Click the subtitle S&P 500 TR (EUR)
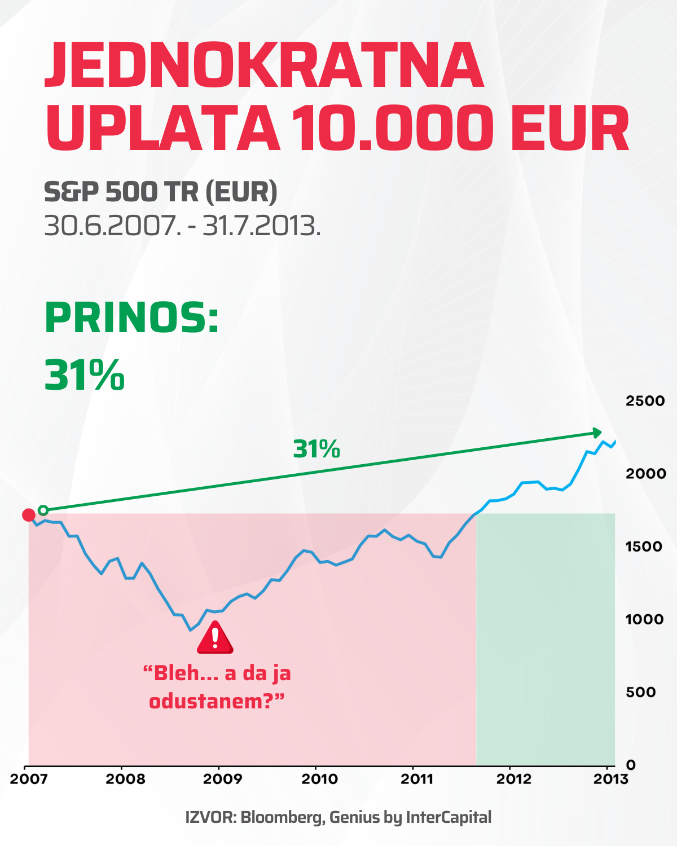[161, 192]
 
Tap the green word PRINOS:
[131, 318]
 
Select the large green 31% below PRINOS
[85, 375]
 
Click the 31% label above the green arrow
[316, 450]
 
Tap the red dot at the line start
[28, 514]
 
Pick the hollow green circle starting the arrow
[43, 510]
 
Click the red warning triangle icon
[215, 638]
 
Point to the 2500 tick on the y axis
[645, 401]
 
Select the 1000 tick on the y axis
[644, 619]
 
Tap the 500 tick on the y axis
[640, 692]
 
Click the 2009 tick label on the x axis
[222, 779]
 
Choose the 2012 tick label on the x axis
[513, 779]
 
